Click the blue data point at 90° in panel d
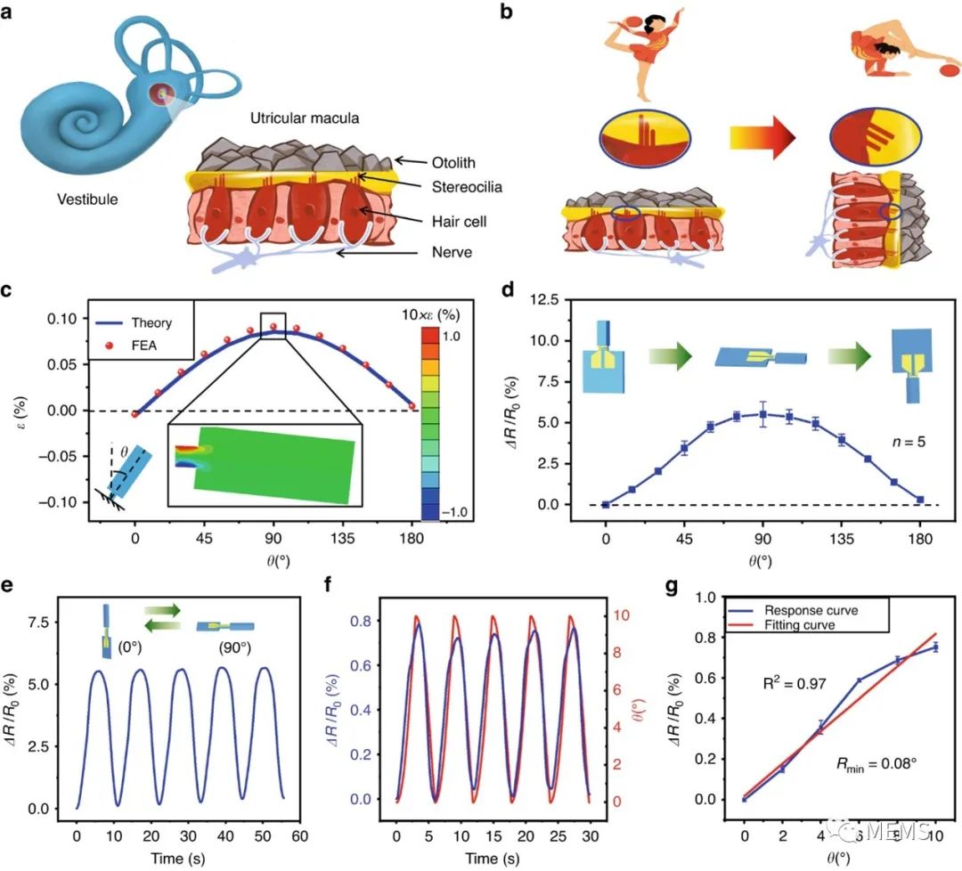tap(763, 414)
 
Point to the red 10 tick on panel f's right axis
tap(624, 615)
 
